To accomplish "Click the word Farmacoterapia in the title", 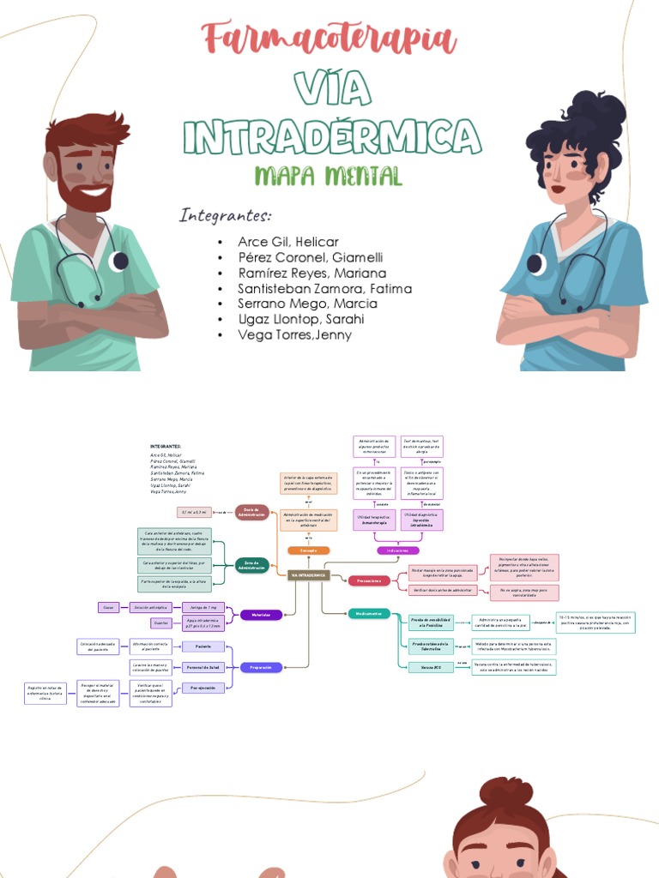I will click(x=329, y=39).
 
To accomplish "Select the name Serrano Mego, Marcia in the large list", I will click(x=307, y=304).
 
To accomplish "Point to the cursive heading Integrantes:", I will click(x=225, y=215).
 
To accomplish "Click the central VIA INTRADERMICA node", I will click(x=308, y=574).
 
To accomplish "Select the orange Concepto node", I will click(x=308, y=550).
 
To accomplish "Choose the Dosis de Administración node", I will click(x=252, y=511).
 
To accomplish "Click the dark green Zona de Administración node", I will click(x=251, y=564).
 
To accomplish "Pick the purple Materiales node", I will click(x=261, y=615).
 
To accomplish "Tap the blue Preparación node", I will click(x=261, y=667).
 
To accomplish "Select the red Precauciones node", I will click(x=369, y=580).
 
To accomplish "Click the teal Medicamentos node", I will click(x=369, y=614).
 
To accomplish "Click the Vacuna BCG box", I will click(x=431, y=666).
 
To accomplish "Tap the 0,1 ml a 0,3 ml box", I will click(x=194, y=512).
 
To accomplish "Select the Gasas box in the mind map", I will click(x=109, y=607).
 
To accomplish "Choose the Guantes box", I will click(x=160, y=623).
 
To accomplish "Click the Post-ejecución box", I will click(x=203, y=688).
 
